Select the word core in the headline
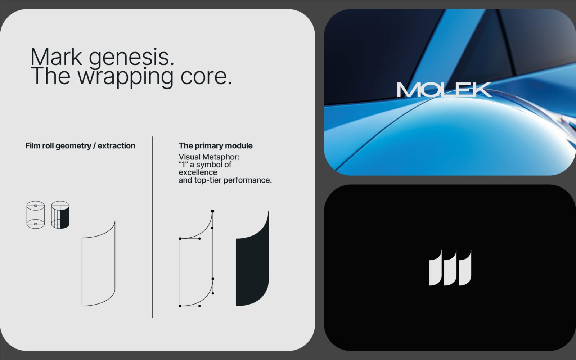[206, 77]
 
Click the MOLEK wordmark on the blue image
[444, 90]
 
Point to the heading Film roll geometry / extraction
[80, 146]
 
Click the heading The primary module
[216, 146]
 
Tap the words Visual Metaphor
[209, 157]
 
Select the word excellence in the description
[198, 172]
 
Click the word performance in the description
[247, 180]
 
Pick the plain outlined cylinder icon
[36, 215]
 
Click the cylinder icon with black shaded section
[60, 215]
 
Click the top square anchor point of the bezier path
[212, 211]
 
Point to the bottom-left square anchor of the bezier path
[180, 306]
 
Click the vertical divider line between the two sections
[153, 227]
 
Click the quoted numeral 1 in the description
[183, 165]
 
